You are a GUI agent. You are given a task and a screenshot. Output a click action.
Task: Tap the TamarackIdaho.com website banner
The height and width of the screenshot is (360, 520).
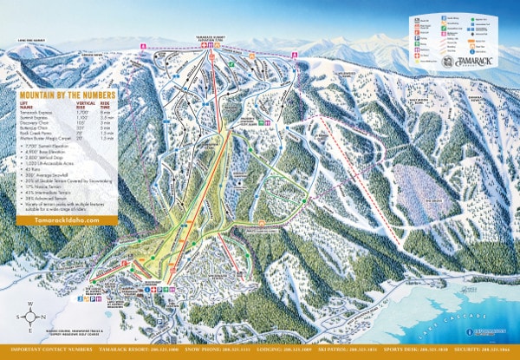coord(58,220)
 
